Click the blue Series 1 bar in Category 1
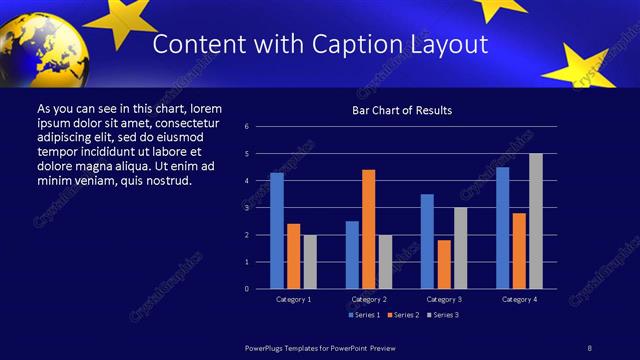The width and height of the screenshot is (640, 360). pos(277,231)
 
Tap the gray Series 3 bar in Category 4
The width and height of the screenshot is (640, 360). pos(536,221)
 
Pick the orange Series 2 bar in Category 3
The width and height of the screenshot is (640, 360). pos(444,264)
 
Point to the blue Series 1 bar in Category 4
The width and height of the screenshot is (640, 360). pos(502,228)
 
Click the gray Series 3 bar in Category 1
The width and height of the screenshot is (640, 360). pos(310,262)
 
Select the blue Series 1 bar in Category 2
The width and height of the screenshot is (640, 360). pos(352,255)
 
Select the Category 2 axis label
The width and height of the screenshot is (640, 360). pos(369,299)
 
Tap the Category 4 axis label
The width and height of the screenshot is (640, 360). pos(519,299)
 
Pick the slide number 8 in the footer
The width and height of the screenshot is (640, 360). pos(590,346)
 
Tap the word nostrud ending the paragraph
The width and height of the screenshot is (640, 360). pos(167,181)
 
